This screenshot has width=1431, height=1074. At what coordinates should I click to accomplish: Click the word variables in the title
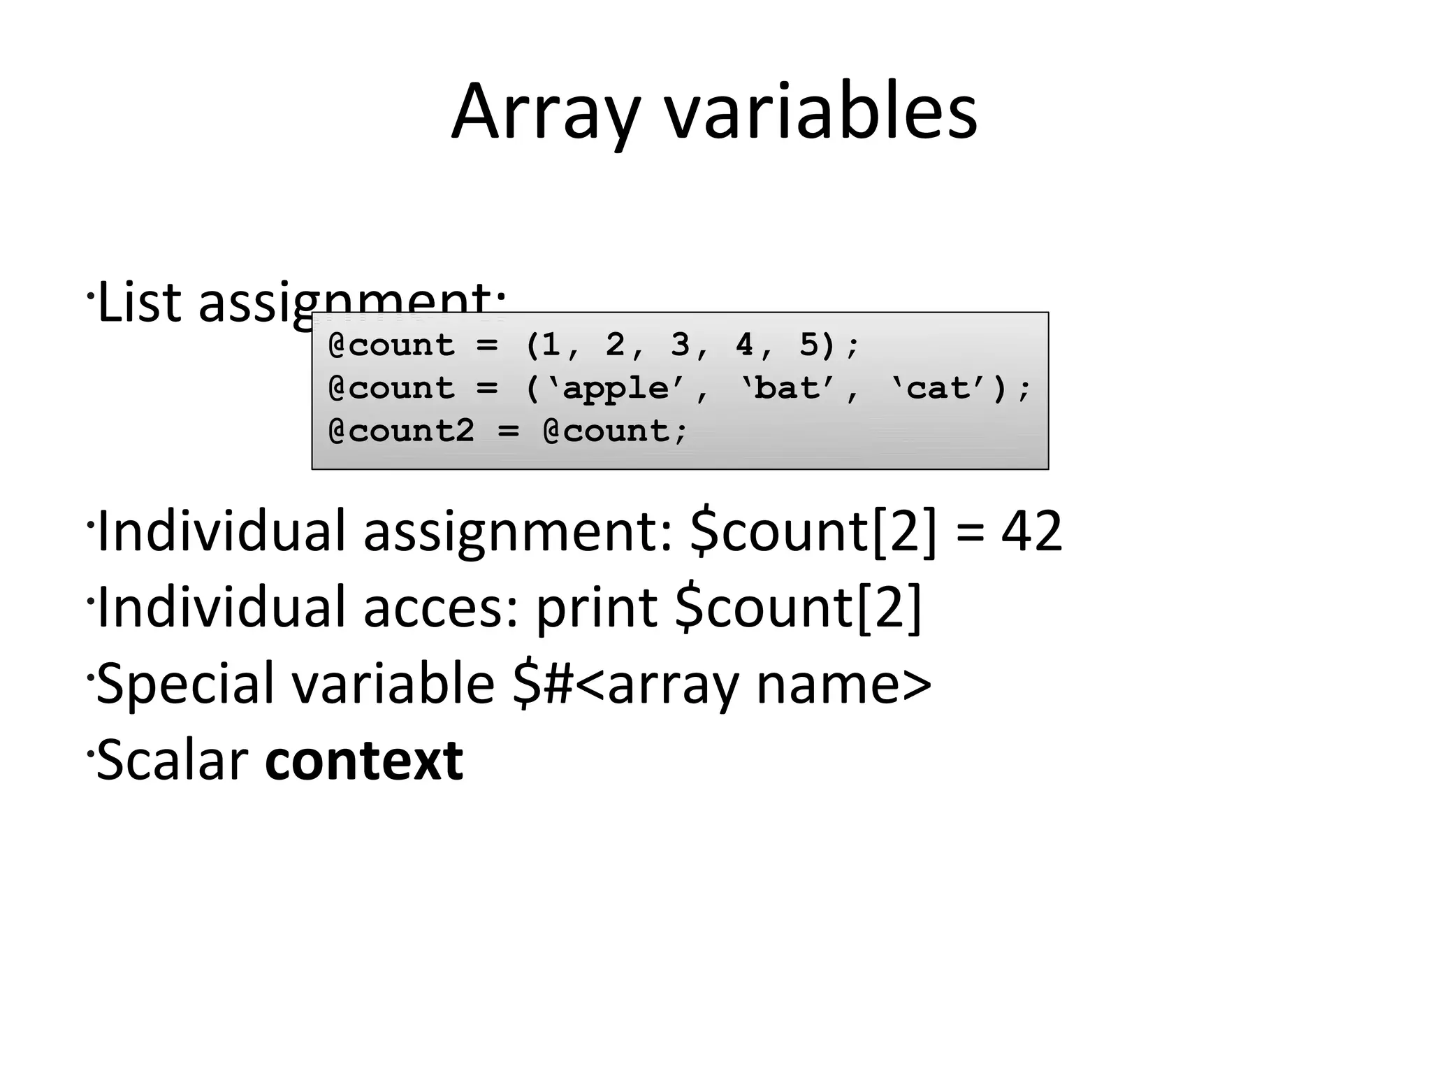coord(820,112)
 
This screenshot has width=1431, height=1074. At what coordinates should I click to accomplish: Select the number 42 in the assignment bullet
coord(1031,531)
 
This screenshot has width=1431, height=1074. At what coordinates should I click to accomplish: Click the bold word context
coord(364,760)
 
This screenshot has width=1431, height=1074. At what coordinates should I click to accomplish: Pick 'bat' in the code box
coord(787,389)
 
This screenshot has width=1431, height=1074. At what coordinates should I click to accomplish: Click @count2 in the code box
coord(402,431)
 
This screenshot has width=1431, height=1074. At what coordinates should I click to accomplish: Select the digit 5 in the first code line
coord(808,345)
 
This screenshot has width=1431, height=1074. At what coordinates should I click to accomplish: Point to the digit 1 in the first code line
coord(551,345)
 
